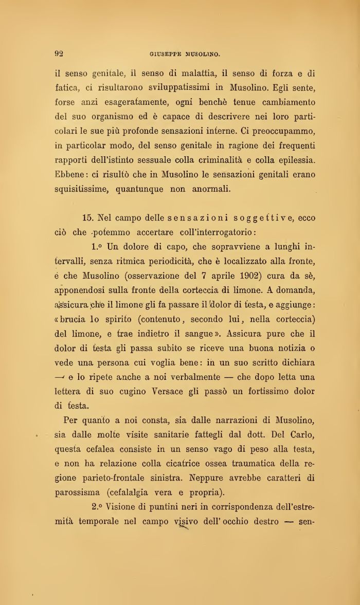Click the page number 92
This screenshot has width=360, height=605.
coord(59,53)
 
